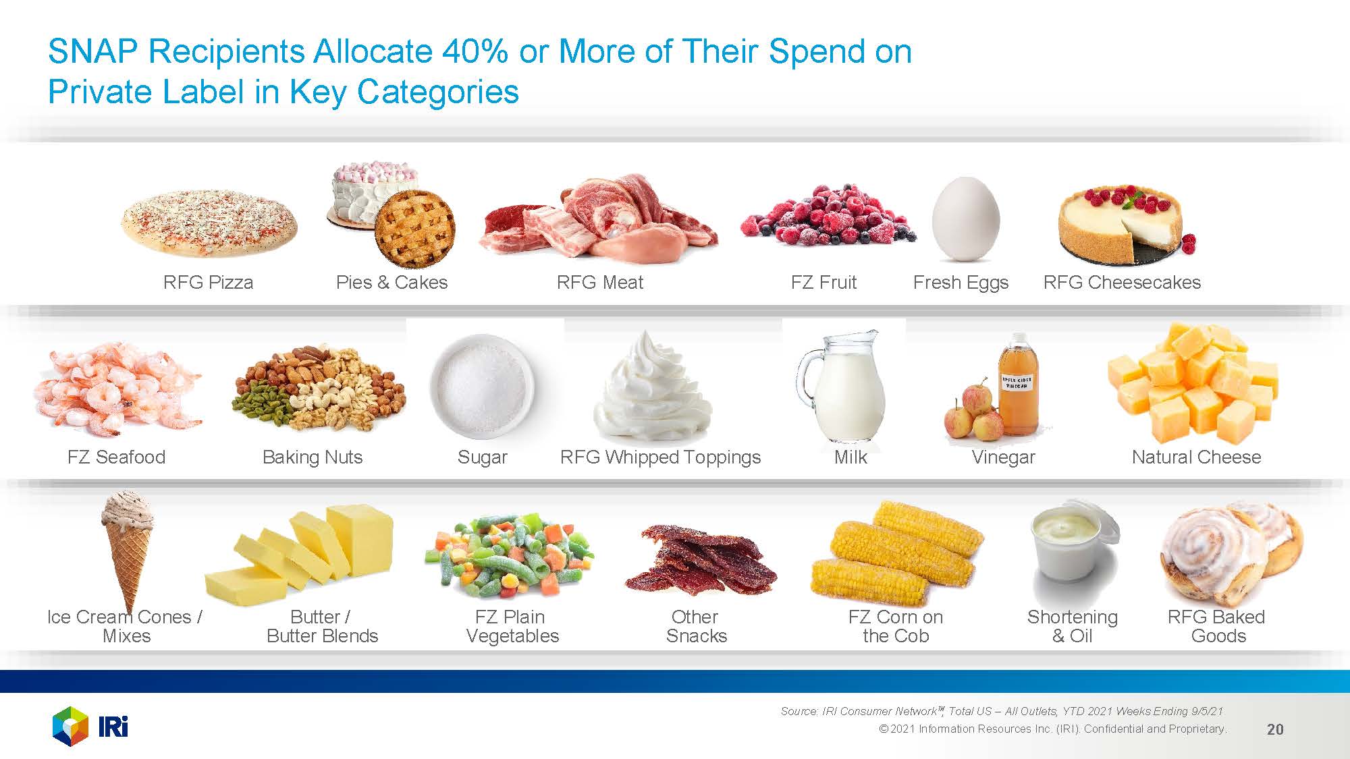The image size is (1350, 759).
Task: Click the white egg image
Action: tap(965, 219)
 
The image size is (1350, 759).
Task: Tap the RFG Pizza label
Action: tap(208, 282)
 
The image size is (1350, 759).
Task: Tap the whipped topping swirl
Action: tap(652, 386)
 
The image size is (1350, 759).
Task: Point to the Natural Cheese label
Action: tap(1196, 457)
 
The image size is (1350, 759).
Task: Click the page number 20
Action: tap(1275, 729)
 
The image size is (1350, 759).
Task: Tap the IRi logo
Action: tap(90, 726)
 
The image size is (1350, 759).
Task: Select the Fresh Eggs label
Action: tap(961, 282)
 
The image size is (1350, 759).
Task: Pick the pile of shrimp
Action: tap(117, 389)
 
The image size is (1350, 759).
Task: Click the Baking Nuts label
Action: tap(313, 457)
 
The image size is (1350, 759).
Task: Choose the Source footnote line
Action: tap(1002, 711)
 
